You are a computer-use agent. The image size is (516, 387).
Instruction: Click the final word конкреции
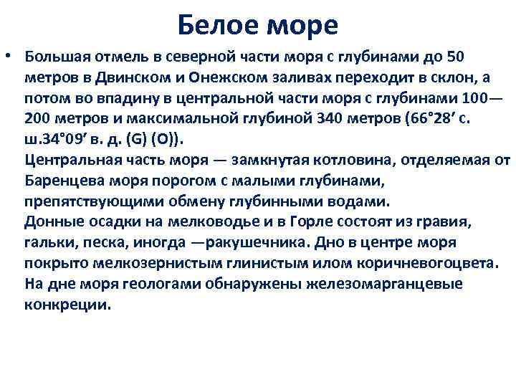(68, 304)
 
